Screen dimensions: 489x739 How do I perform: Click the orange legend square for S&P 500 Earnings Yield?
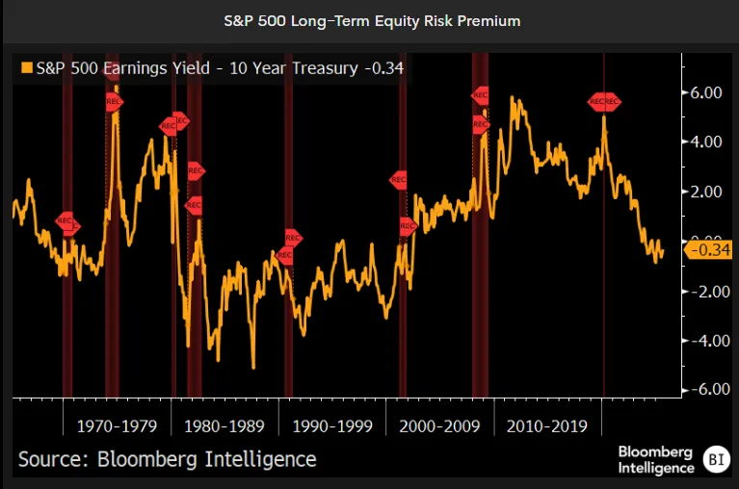[x=25, y=68]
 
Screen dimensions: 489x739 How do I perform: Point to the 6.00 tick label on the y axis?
[x=706, y=92]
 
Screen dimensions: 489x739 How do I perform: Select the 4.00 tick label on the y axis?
[x=706, y=142]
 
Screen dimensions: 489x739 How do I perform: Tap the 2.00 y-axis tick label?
[x=706, y=192]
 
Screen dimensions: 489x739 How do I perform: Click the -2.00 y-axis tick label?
[x=704, y=291]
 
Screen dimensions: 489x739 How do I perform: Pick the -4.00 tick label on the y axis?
[x=704, y=340]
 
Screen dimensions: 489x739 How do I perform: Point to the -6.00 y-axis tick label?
[x=704, y=389]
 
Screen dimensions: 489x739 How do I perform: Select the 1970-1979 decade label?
[x=117, y=425]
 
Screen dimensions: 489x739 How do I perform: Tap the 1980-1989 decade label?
[x=224, y=425]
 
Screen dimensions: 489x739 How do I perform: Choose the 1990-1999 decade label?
[x=331, y=425]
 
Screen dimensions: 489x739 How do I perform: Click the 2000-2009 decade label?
[x=438, y=425]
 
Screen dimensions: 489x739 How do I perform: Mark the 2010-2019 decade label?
[x=546, y=425]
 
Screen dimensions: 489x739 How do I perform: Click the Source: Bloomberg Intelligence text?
[x=167, y=459]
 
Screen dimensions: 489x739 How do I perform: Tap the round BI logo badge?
[x=716, y=459]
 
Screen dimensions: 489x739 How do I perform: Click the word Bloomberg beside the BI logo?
[x=656, y=451]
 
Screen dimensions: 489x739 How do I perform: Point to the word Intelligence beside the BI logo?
[x=656, y=468]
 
